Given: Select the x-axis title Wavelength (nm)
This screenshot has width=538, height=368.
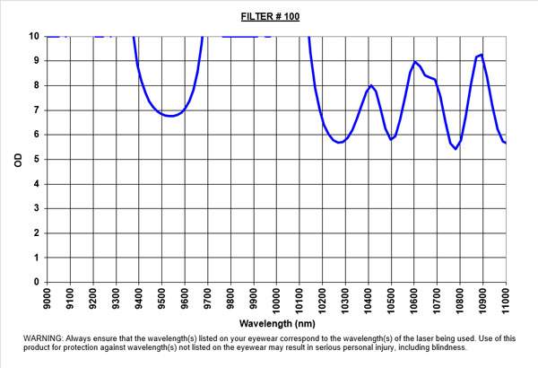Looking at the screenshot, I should pyautogui.click(x=275, y=321).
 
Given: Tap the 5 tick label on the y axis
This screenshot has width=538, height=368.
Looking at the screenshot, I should pyautogui.click(x=35, y=160).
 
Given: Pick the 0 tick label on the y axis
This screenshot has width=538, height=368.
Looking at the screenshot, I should pyautogui.click(x=35, y=282).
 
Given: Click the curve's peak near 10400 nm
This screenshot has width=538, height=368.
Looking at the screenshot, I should pyautogui.click(x=370, y=85).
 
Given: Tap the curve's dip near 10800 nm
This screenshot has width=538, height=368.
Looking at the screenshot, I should pyautogui.click(x=456, y=149).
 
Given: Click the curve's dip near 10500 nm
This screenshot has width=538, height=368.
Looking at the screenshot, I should pyautogui.click(x=391, y=139).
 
